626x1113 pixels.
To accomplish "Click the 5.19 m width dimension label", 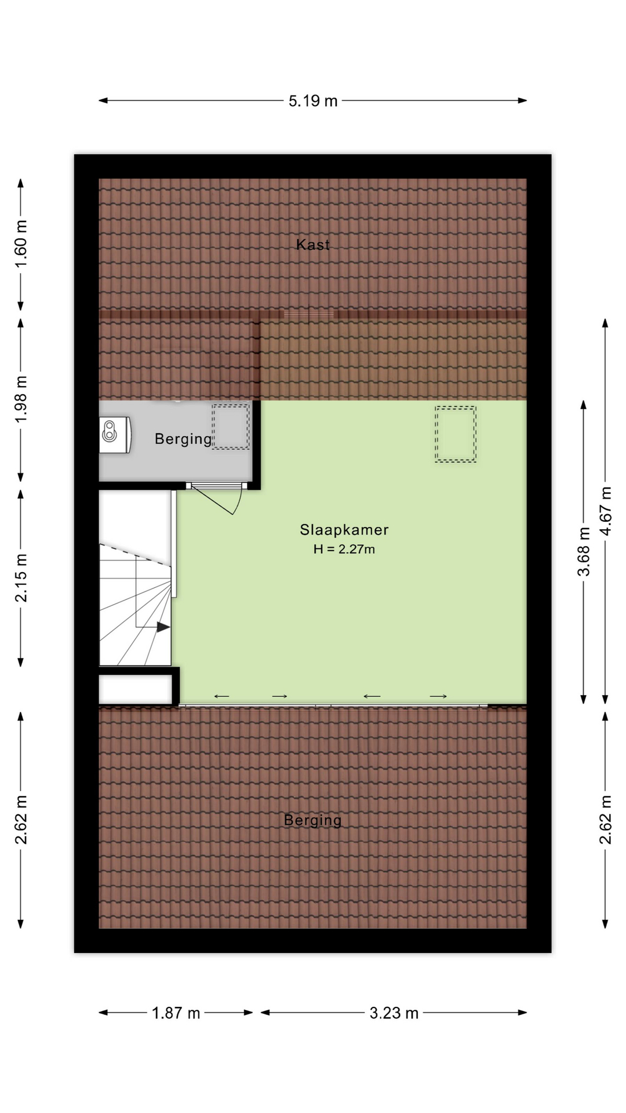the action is point(313,101).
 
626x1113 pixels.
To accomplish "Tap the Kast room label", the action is point(313,245).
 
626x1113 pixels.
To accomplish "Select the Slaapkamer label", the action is point(344,529).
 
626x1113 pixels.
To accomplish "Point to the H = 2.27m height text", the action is point(344,549).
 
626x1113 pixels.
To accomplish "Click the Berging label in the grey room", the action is point(183,439).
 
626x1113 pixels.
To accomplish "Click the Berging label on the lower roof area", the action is point(313,820).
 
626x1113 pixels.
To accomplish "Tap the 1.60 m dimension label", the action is point(21,244).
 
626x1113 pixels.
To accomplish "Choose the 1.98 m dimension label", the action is point(21,399).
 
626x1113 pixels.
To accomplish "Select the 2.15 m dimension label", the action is point(21,578).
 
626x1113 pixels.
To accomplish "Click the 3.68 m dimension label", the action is point(584,551).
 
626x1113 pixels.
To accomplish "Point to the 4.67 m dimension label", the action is point(606,512).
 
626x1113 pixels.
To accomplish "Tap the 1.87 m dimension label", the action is point(176,1013).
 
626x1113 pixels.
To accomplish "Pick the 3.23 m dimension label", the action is point(394,1013).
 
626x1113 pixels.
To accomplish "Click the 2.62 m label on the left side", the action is point(21,819).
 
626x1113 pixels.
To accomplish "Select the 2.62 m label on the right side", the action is point(606,819).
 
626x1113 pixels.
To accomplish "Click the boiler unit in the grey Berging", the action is point(115,434).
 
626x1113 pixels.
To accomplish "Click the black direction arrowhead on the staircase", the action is point(163,627).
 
